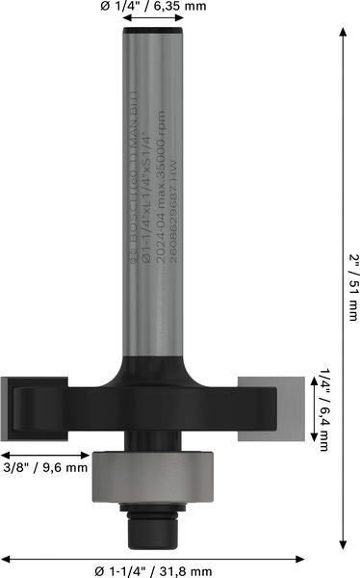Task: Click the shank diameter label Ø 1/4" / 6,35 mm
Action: coord(153,9)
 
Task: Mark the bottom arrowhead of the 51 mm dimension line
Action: coord(344,545)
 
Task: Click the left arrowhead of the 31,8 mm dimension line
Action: coord(6,557)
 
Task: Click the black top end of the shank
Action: coord(152,34)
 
